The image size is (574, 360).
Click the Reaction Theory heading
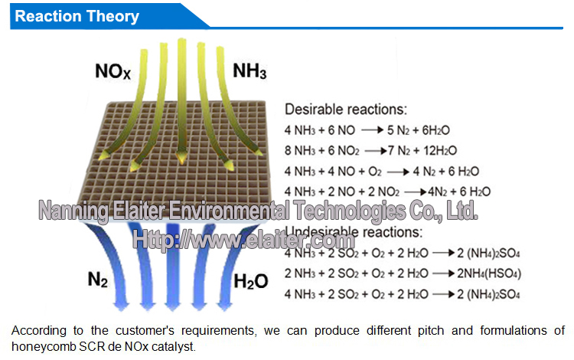tap(77, 16)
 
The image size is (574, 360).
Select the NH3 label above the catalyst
tap(249, 74)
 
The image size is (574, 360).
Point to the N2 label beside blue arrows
tap(97, 280)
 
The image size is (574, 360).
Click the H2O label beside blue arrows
tap(250, 281)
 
